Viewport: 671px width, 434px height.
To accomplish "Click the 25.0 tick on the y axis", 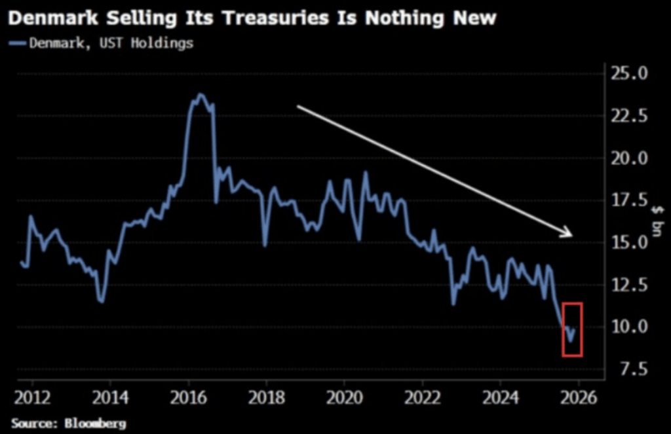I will [630, 73].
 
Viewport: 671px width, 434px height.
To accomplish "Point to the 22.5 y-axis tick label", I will [630, 116].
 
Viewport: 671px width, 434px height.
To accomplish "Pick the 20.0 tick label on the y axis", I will [630, 158].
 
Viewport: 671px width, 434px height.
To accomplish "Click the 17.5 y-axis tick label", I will [630, 200].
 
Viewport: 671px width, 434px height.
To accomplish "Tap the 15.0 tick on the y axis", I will [630, 242].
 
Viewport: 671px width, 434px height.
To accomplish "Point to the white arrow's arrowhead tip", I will [571, 236].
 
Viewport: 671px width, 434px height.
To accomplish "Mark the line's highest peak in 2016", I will [200, 94].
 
